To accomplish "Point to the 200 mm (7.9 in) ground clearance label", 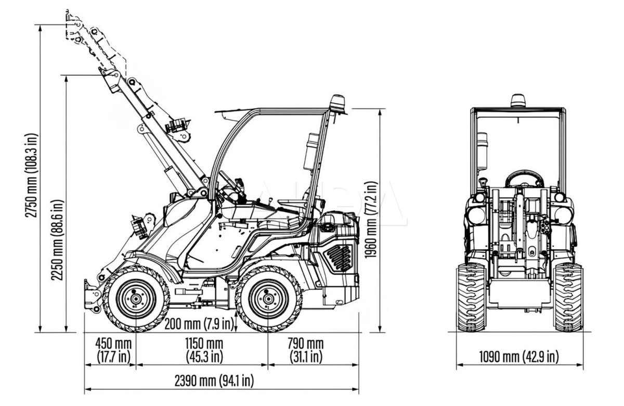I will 199,324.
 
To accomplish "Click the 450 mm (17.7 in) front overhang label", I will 113,350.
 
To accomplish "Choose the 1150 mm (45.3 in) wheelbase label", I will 204,350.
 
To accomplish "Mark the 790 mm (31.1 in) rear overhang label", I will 306,350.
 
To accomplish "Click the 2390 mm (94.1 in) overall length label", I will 221,381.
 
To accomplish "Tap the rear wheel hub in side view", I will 268,299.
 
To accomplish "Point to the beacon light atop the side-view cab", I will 339,103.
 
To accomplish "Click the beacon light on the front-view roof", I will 517,100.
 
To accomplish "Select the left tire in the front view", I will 471,296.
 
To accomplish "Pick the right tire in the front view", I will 568,296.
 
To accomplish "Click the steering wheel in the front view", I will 524,179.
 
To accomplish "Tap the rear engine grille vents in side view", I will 339,257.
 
